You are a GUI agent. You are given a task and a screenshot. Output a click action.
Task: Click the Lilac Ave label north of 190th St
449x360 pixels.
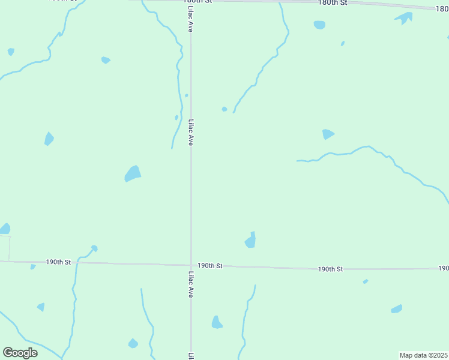point(191,132)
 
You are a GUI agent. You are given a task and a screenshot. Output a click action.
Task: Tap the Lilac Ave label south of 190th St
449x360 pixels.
point(191,284)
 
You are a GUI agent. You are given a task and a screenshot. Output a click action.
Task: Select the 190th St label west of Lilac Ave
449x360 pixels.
point(58,262)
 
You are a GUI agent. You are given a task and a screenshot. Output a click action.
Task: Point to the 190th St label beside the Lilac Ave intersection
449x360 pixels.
point(210,265)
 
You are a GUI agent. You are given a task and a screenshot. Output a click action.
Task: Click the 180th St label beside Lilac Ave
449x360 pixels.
point(198,2)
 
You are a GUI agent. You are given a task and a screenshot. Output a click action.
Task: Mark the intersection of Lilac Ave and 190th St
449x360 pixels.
point(191,265)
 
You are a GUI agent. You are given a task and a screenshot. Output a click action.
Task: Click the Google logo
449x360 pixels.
point(20,353)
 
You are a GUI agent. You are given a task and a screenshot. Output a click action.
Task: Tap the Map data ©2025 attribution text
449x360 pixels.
point(424,355)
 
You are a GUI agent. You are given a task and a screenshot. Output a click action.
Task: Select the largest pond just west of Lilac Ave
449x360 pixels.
point(133,173)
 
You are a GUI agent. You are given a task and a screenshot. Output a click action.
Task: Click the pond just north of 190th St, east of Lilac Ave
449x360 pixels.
point(251,241)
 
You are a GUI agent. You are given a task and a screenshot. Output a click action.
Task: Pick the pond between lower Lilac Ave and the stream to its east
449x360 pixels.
point(217,323)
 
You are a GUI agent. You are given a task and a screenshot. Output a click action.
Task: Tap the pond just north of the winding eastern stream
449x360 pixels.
point(328,134)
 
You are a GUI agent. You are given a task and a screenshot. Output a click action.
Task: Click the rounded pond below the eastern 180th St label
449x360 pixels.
point(319,25)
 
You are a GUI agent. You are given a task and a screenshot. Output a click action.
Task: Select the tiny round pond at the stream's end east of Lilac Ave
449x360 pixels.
point(224,109)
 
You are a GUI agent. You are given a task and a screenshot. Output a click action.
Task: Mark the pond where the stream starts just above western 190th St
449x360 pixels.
point(94,248)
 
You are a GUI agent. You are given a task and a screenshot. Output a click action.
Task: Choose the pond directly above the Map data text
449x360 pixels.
point(396,309)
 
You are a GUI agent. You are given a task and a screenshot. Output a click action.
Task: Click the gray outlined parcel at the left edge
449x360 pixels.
point(5,248)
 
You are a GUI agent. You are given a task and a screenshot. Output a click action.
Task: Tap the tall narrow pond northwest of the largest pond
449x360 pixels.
point(49,139)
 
